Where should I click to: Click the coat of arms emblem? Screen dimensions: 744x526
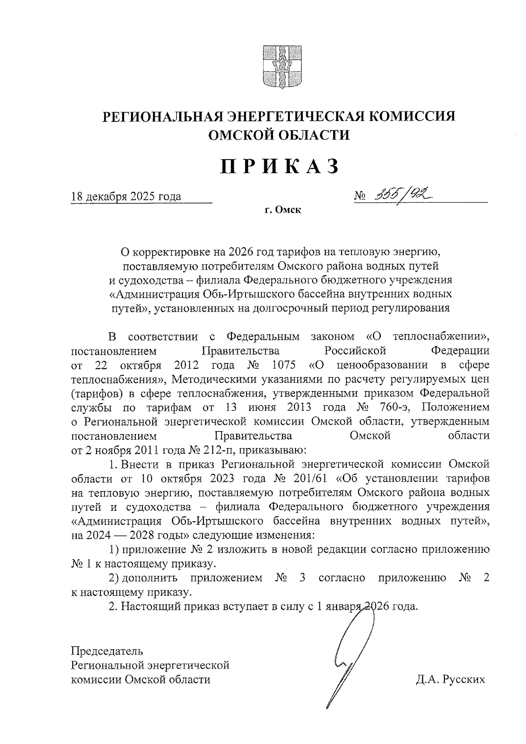[278, 66]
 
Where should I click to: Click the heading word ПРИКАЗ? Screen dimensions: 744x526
[279, 167]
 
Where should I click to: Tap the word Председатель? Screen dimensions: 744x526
[107, 650]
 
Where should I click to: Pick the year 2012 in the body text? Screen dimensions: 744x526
[187, 365]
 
